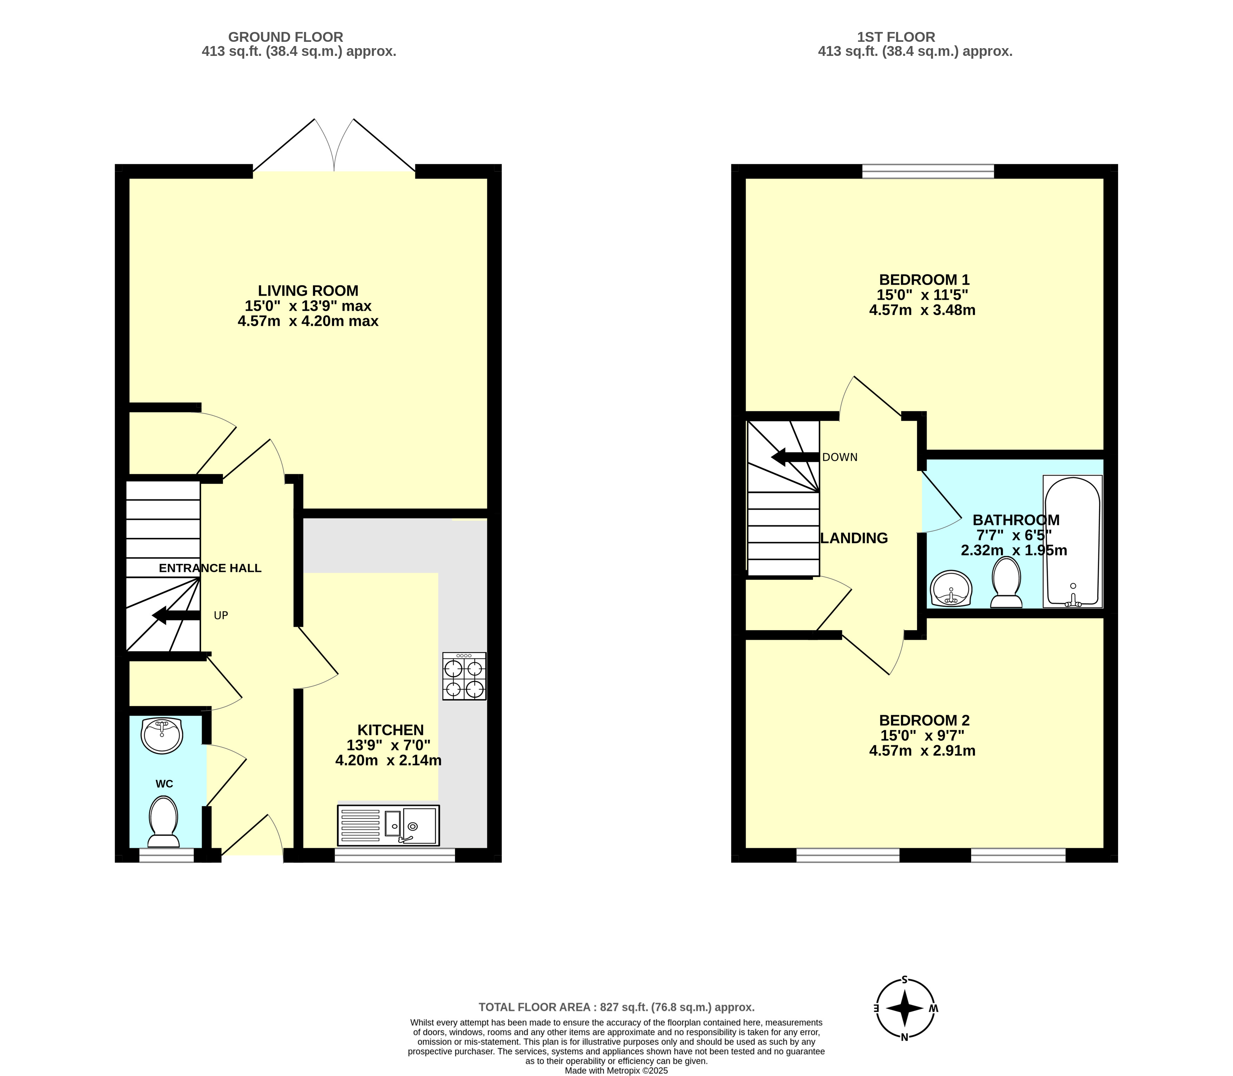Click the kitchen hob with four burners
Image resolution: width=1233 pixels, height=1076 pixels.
coord(464,676)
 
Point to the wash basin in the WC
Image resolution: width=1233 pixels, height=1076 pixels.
coord(162,735)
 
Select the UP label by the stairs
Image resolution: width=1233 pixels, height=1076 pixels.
coord(221,616)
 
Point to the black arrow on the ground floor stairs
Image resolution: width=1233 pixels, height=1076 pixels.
coord(176,616)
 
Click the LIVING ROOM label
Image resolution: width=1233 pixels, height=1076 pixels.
coord(308,291)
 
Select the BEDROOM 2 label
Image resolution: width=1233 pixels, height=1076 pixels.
coord(924,720)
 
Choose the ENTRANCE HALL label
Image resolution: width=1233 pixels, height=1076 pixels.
coord(210,568)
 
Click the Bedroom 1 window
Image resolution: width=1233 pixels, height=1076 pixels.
coord(928,171)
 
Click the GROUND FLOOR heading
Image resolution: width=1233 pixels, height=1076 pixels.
coord(286,37)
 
